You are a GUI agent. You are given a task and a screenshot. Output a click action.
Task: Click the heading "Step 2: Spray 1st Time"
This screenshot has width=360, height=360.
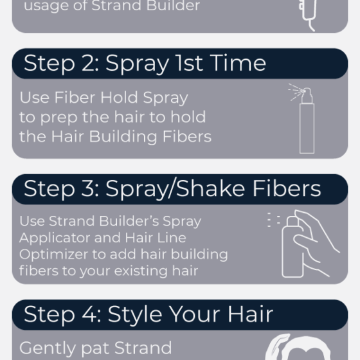(x=145, y=64)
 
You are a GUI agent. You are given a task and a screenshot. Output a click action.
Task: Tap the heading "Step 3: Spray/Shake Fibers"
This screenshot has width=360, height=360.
(x=172, y=189)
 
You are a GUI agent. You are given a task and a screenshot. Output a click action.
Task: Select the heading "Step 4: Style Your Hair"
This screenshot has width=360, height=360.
(x=148, y=314)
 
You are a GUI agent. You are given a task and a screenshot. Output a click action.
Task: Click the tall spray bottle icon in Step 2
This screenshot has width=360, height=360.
(x=307, y=121)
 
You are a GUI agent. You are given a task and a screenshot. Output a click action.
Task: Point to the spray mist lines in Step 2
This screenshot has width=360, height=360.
(x=296, y=92)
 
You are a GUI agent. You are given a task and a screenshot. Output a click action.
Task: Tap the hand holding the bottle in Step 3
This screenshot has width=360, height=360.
(x=316, y=241)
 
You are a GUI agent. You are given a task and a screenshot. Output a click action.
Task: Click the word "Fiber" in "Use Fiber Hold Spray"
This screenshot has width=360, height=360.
(x=75, y=98)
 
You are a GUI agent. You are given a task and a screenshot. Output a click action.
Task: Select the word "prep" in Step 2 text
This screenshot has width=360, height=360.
(x=59, y=118)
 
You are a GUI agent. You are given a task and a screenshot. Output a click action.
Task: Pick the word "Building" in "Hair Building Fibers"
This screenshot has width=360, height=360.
(x=123, y=137)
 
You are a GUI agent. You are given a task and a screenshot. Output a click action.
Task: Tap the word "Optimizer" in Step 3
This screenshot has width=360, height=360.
(x=54, y=255)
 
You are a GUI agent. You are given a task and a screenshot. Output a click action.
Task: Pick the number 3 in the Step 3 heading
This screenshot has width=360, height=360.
(x=88, y=189)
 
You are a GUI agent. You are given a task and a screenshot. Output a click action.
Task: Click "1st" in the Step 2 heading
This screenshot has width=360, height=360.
(x=189, y=63)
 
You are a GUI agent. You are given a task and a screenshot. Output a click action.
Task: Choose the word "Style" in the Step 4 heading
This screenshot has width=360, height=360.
(x=135, y=314)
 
